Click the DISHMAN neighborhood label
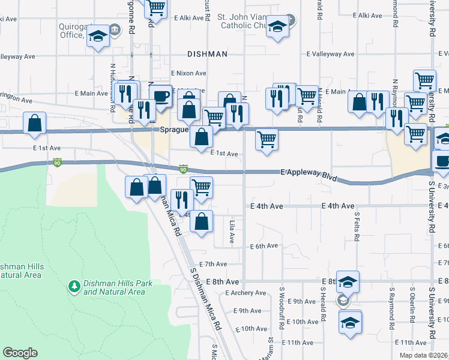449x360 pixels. (207, 54)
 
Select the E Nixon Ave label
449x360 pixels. (188, 73)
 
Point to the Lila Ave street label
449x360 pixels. (232, 232)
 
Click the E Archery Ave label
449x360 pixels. (245, 293)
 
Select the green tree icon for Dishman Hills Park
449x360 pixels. (74, 287)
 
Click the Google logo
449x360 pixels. (20, 353)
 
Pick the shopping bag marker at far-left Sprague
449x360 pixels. (35, 123)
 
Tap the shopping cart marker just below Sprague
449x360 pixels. (267, 139)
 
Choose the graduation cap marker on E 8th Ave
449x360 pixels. (348, 281)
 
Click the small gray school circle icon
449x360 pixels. (343, 301)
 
